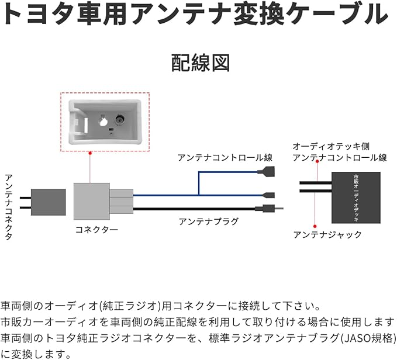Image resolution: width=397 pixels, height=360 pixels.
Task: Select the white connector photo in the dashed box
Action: click(105, 122)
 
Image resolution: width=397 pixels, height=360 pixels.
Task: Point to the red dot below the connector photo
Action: click(90, 153)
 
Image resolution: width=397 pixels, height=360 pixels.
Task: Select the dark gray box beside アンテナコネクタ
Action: click(48, 202)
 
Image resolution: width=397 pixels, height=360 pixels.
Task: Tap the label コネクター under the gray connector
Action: click(96, 230)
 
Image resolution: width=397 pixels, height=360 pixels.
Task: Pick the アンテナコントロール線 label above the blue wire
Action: click(225, 158)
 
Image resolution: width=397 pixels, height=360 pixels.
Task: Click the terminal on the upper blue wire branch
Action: click(265, 172)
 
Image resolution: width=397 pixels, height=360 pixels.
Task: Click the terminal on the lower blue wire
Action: click(270, 195)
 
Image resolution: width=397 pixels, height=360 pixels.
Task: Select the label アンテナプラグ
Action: click(208, 221)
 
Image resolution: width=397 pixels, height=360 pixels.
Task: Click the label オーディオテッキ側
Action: click(331, 146)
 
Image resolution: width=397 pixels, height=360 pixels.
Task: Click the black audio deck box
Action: click(355, 197)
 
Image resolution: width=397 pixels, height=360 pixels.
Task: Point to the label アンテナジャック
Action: click(327, 234)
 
